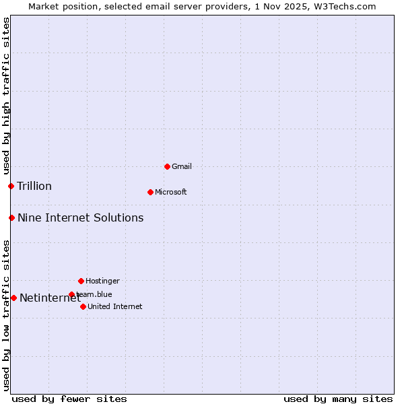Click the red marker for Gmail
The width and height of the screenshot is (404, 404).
(167, 166)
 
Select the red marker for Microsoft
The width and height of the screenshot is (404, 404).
(150, 192)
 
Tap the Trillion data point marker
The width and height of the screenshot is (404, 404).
(11, 186)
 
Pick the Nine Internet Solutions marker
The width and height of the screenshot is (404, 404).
(11, 217)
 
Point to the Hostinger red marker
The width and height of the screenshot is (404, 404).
(81, 281)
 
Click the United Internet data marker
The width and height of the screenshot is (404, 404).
(83, 306)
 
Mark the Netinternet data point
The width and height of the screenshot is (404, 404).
(13, 298)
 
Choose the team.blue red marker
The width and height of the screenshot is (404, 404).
(71, 294)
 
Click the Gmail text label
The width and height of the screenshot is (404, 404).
(182, 166)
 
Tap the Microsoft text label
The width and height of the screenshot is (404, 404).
(171, 192)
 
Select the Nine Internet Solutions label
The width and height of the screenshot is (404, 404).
(80, 217)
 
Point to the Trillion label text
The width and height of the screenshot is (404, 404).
(34, 186)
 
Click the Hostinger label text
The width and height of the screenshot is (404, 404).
(102, 281)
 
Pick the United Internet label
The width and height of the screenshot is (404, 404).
(114, 306)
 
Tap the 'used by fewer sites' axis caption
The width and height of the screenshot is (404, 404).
(69, 399)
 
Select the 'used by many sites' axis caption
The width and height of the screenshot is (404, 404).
(338, 399)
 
